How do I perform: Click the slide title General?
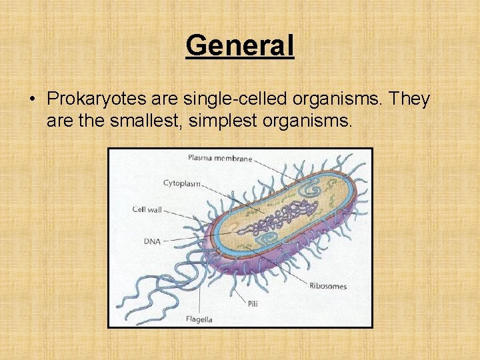click(239, 46)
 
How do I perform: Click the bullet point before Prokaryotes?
click(32, 100)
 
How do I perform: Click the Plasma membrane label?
click(219, 159)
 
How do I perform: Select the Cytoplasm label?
click(182, 183)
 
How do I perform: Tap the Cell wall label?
click(147, 209)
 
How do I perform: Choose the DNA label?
click(151, 241)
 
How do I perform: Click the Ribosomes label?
click(327, 286)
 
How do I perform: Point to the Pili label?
click(252, 303)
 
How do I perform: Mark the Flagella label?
click(199, 319)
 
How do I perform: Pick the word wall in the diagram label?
click(155, 209)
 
